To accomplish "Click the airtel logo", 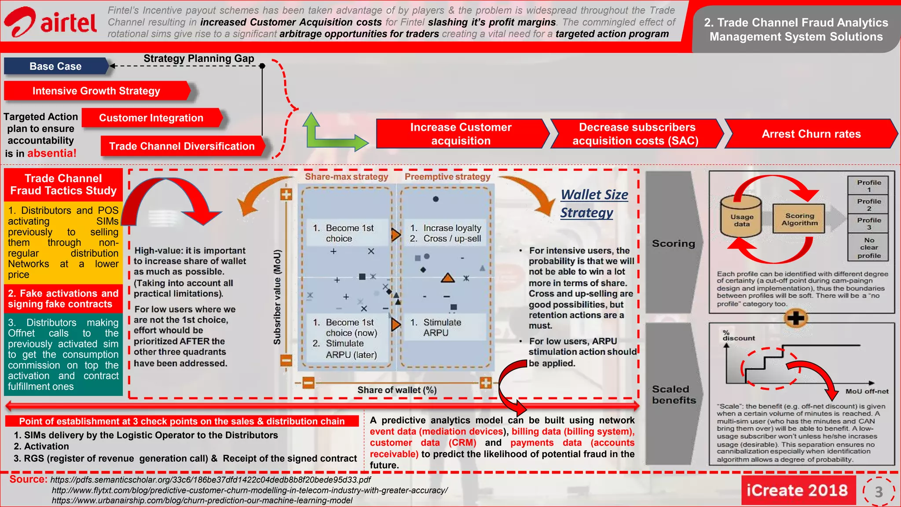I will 50,22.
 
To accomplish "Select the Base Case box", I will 56,66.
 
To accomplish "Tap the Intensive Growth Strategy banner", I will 96,91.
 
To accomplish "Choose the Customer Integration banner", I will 151,118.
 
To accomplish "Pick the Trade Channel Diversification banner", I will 182,146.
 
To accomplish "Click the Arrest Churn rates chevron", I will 811,134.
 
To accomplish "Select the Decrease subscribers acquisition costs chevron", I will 637,134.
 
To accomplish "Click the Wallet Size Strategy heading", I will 594,203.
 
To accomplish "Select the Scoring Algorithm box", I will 799,219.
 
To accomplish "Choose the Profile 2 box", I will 868,205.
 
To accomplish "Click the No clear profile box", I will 868,248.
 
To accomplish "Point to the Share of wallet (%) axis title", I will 397,390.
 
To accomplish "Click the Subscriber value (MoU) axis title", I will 277,297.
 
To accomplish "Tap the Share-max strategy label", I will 346,177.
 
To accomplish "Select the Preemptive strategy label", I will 447,177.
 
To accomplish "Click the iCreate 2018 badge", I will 797,490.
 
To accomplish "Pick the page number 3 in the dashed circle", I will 879,492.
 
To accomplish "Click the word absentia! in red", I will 52,153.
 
